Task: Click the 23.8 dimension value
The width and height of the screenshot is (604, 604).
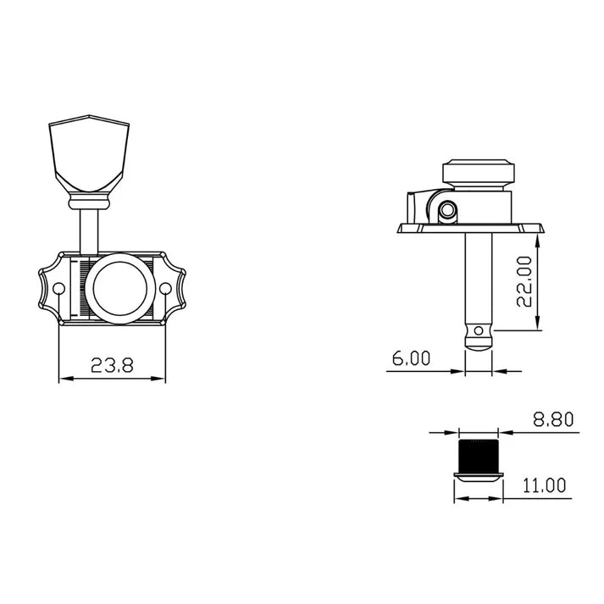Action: pos(112,365)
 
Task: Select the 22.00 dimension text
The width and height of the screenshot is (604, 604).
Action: pos(524,281)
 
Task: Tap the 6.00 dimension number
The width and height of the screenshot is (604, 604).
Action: pos(411,358)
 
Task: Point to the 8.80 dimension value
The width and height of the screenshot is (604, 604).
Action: pos(553,419)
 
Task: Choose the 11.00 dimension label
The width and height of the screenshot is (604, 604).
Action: pos(544,485)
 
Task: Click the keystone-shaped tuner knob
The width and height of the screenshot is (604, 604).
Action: pos(89,153)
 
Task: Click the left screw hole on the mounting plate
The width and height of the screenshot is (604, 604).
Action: pos(58,289)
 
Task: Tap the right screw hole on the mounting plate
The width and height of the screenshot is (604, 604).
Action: pos(165,289)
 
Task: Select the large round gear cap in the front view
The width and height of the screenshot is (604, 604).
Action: pos(119,288)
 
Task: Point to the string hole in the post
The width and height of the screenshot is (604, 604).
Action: pos(479,330)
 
